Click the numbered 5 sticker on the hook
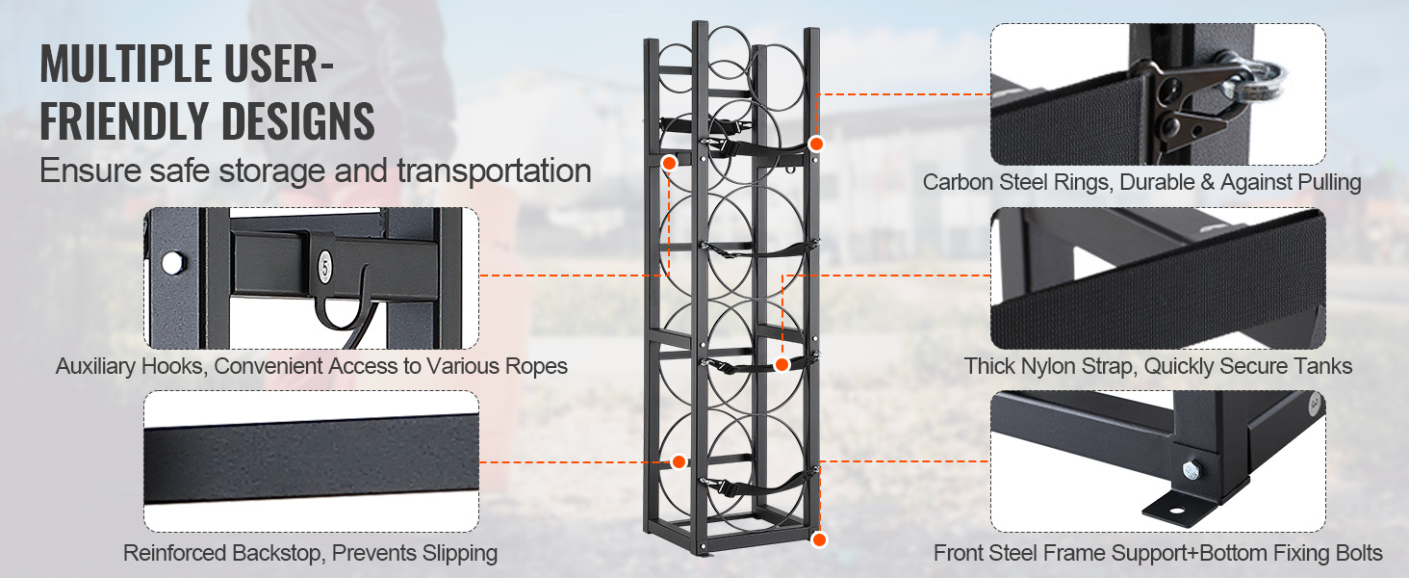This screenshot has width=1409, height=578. pyautogui.click(x=324, y=263)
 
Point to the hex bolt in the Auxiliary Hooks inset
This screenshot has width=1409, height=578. pyautogui.click(x=171, y=262)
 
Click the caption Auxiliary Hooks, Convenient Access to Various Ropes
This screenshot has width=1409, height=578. pyautogui.click(x=311, y=366)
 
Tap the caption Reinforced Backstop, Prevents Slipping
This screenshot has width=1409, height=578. pyautogui.click(x=310, y=553)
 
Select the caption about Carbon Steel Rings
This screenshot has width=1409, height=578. pyautogui.click(x=1141, y=182)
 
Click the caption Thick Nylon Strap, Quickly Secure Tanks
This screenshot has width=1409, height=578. pyautogui.click(x=1159, y=366)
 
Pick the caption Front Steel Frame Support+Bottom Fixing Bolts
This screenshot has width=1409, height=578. pyautogui.click(x=1158, y=553)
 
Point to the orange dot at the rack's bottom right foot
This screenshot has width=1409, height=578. pyautogui.click(x=819, y=539)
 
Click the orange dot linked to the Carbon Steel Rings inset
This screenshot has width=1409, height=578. pyautogui.click(x=816, y=144)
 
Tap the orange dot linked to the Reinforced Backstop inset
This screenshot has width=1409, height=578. pyautogui.click(x=679, y=461)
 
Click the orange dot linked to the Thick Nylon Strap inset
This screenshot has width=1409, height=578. pyautogui.click(x=782, y=364)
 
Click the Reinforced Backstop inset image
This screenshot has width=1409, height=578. pyautogui.click(x=311, y=460)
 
